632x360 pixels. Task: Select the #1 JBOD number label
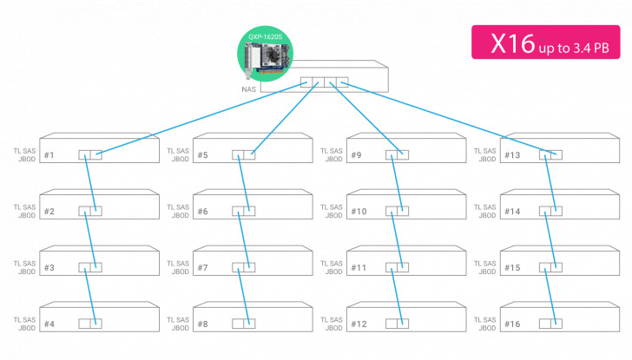point(49,155)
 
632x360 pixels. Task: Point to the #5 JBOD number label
point(203,155)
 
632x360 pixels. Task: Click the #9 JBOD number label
point(357,155)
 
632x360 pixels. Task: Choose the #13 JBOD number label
point(512,155)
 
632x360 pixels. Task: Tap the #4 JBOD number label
point(49,324)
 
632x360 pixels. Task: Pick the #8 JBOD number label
point(203,324)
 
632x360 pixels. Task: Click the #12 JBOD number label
point(359,324)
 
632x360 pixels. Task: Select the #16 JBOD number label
point(512,324)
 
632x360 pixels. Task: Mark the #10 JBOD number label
point(359,212)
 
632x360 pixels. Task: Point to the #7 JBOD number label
point(203,268)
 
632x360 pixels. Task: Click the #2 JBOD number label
point(49,212)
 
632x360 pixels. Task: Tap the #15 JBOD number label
point(512,268)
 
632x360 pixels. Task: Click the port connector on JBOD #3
point(90,267)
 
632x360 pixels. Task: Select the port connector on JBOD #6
point(244,211)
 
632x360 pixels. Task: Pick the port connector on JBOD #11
point(398,267)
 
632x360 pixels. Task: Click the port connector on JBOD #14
point(550,211)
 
